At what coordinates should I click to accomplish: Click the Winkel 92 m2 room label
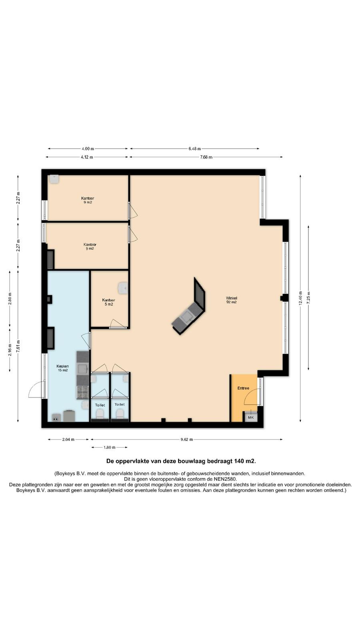click(232, 300)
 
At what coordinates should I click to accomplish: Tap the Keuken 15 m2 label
click(62, 368)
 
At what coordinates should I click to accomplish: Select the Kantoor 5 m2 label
click(108, 302)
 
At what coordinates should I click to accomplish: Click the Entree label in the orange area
click(243, 388)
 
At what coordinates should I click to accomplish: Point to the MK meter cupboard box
click(250, 417)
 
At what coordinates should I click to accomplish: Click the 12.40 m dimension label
click(300, 298)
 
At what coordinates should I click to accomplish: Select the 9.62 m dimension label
click(186, 440)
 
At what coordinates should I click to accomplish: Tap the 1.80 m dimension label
click(110, 448)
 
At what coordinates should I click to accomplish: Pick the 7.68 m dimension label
click(206, 157)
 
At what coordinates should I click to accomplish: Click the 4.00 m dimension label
click(88, 148)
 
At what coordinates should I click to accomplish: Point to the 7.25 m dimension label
click(308, 298)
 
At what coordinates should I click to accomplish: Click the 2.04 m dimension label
click(68, 440)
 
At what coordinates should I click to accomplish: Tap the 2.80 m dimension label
click(10, 299)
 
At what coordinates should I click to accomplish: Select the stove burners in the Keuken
click(83, 392)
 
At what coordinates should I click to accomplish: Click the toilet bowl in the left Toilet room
click(100, 414)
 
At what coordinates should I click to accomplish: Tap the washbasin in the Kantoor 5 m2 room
click(123, 288)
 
